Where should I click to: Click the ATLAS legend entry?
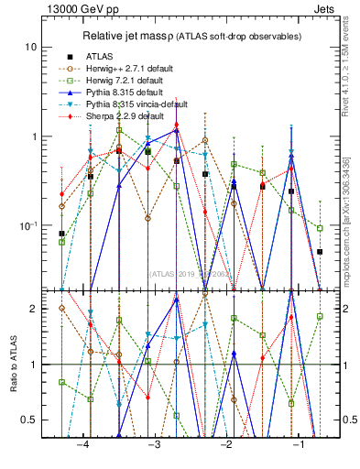tap(99, 57)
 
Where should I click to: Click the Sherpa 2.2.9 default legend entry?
tap(125, 116)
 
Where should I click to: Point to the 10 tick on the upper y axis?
tap(31, 47)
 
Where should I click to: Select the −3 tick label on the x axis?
tap(154, 443)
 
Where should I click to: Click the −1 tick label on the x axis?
tap(298, 443)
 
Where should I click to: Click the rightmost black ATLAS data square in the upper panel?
tap(320, 251)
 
